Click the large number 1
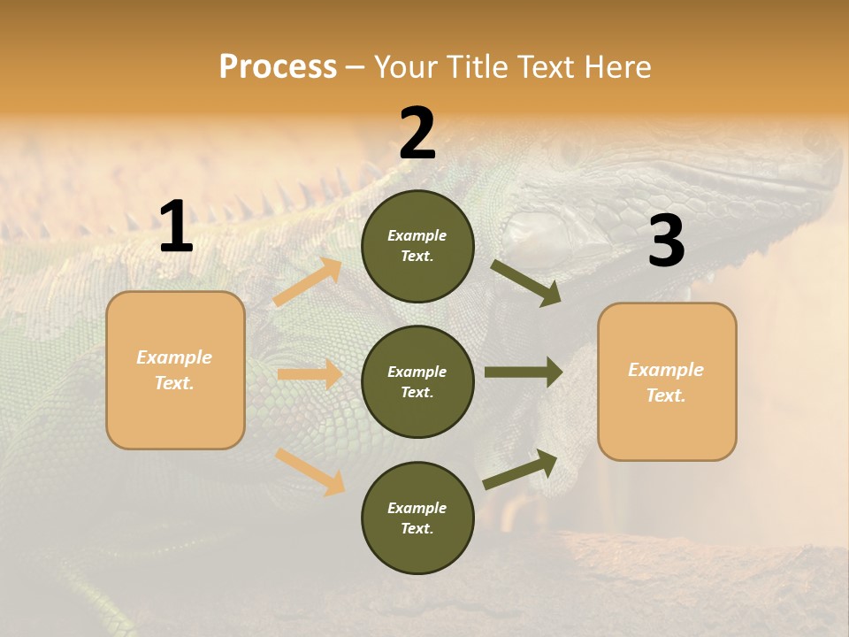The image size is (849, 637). pos(176,227)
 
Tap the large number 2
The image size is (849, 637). pos(417,134)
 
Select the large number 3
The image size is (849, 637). pos(666,242)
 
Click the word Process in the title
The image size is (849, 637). pos(278,67)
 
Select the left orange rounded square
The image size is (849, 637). pos(175,370)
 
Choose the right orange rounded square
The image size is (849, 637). pos(666,381)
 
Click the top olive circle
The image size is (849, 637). pos(417,246)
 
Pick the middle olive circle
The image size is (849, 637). pos(417,381)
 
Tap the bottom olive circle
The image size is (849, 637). pos(417,518)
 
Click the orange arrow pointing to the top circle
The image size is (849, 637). pos(308,282)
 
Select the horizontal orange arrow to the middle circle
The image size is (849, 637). pos(310,374)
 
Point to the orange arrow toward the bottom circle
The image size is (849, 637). pos(310,471)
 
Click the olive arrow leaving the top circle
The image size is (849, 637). pos(526,282)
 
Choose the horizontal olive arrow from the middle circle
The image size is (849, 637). pos(524,372)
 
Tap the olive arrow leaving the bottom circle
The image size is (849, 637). pos(521,469)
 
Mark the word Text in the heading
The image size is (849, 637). pos(546,67)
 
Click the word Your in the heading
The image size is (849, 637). pos(405,67)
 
